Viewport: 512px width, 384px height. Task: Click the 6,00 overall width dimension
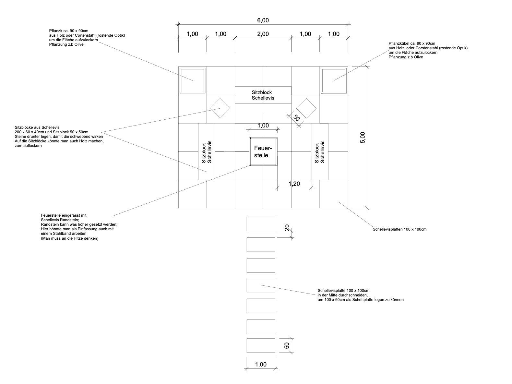(263, 20)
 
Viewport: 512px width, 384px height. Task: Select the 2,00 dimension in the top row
(263, 34)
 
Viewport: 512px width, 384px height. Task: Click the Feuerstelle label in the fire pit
(263, 151)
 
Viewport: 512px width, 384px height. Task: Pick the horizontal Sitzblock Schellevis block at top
(263, 95)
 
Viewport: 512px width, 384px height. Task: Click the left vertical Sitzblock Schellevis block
(207, 151)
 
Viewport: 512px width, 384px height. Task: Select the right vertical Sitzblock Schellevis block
(319, 151)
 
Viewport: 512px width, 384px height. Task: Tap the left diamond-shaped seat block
(220, 108)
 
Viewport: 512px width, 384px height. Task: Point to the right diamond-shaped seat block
(306, 108)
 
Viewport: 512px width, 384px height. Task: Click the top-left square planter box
(193, 80)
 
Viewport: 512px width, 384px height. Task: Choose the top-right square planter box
(334, 80)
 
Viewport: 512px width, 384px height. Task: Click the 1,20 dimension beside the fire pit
(294, 184)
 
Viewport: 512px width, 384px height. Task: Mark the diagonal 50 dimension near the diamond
(296, 118)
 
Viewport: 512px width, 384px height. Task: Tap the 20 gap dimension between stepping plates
(287, 227)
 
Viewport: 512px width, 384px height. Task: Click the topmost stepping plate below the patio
(261, 224)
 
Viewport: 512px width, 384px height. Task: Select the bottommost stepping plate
(261, 345)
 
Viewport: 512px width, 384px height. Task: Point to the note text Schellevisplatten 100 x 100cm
(399, 229)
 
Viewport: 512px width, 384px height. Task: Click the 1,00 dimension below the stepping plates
(261, 365)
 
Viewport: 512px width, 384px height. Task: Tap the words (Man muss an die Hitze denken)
(70, 239)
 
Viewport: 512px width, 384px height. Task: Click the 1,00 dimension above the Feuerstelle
(263, 126)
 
